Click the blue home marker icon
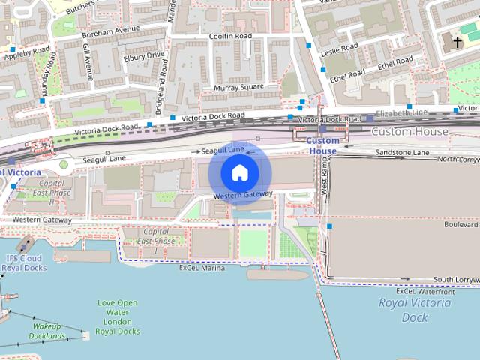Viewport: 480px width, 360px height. [239, 172]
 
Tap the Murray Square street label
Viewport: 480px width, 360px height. [239, 88]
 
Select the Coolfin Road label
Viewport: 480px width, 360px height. [230, 36]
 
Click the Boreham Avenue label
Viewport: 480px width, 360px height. [111, 30]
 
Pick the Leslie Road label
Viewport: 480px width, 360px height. [341, 51]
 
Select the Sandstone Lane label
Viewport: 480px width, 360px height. [402, 152]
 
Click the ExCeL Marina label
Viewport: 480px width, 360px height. [202, 267]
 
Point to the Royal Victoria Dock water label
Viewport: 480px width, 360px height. [415, 310]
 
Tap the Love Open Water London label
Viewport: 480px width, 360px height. [118, 316]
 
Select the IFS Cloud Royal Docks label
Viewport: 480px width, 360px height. [24, 262]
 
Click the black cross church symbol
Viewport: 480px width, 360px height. [457, 43]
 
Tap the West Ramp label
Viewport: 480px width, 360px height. [325, 181]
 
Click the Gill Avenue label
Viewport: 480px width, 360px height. [88, 61]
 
